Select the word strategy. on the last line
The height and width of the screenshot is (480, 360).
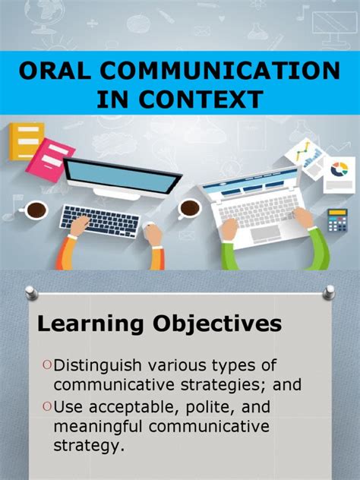(x=90, y=445)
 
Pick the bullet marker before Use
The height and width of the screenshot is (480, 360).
(x=47, y=408)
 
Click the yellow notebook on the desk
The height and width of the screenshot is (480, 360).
(x=25, y=142)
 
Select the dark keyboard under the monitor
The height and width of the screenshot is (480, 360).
(x=100, y=222)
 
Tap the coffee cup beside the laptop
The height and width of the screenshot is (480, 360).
(x=190, y=208)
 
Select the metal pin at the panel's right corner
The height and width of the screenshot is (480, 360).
(x=328, y=291)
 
